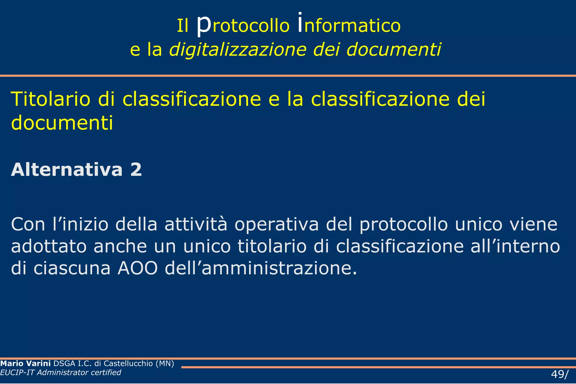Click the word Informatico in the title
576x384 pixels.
click(349, 25)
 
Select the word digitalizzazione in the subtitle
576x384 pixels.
click(238, 50)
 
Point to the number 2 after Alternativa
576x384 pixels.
click(136, 170)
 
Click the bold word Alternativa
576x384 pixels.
click(67, 170)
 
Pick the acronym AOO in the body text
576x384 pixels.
click(138, 268)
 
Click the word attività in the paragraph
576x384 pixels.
click(196, 224)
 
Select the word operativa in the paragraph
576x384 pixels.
click(277, 225)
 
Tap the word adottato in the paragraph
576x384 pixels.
click(49, 246)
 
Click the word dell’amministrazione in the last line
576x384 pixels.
click(261, 268)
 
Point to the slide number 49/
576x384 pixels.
click(560, 374)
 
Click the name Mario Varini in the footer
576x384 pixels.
click(25, 363)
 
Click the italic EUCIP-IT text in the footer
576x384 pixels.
click(17, 372)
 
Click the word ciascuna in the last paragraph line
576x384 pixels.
click(72, 268)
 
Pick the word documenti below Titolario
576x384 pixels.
click(62, 123)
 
